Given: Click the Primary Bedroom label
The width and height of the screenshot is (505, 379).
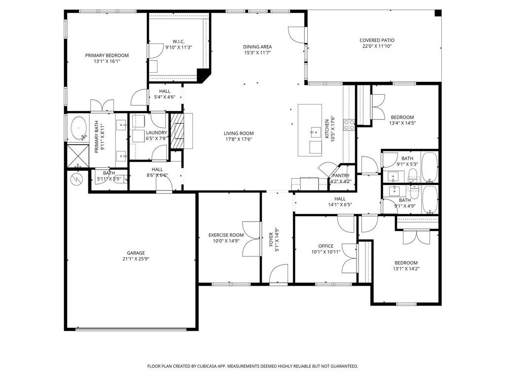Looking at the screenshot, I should click(x=107, y=55).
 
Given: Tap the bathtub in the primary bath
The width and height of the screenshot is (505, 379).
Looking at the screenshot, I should click(x=79, y=128).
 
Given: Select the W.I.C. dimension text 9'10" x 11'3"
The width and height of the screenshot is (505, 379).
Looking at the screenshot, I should click(x=178, y=47).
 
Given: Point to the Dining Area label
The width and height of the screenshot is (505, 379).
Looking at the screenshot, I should click(x=257, y=47).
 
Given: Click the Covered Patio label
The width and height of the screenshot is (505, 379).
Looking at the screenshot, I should click(x=377, y=40).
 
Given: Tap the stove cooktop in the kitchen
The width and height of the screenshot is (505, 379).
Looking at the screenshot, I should click(x=349, y=124).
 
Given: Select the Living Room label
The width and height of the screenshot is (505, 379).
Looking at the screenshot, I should click(x=239, y=133).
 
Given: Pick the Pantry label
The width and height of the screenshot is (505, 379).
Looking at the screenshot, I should click(x=341, y=176).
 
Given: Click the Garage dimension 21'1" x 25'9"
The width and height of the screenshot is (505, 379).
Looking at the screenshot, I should click(x=136, y=259).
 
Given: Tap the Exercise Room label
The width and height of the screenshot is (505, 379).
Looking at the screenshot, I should click(x=226, y=235).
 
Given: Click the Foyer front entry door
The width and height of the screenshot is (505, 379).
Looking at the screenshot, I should click(x=279, y=274).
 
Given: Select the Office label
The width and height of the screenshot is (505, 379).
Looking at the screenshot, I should click(x=325, y=246).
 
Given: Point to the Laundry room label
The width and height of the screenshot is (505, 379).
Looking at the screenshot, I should click(x=157, y=133).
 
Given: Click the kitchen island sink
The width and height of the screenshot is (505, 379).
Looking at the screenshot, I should click(x=315, y=132).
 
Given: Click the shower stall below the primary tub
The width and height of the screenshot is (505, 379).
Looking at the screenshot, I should click(x=77, y=154).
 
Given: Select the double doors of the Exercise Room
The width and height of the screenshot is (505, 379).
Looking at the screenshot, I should click(x=252, y=239).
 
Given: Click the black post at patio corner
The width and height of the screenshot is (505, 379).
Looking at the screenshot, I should click(x=437, y=13).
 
